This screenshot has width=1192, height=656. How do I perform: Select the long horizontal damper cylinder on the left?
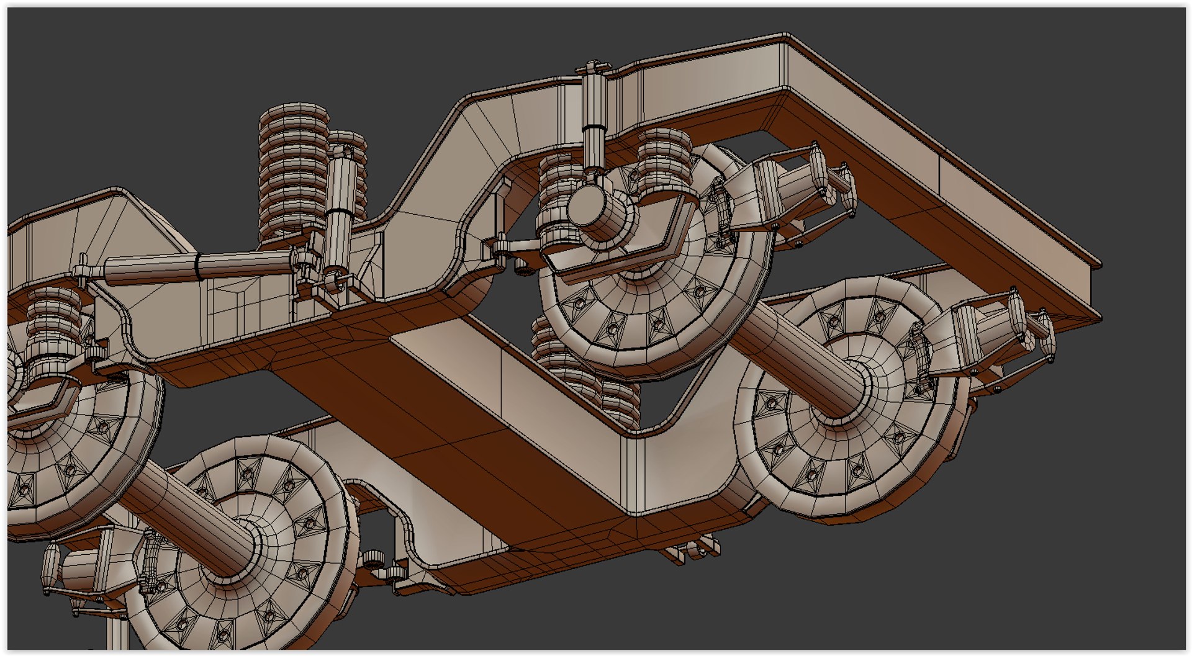coord(199,267)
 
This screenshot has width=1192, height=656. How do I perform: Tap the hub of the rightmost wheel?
coord(851,397)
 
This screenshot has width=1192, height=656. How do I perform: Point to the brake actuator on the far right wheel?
coord(993,335)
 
